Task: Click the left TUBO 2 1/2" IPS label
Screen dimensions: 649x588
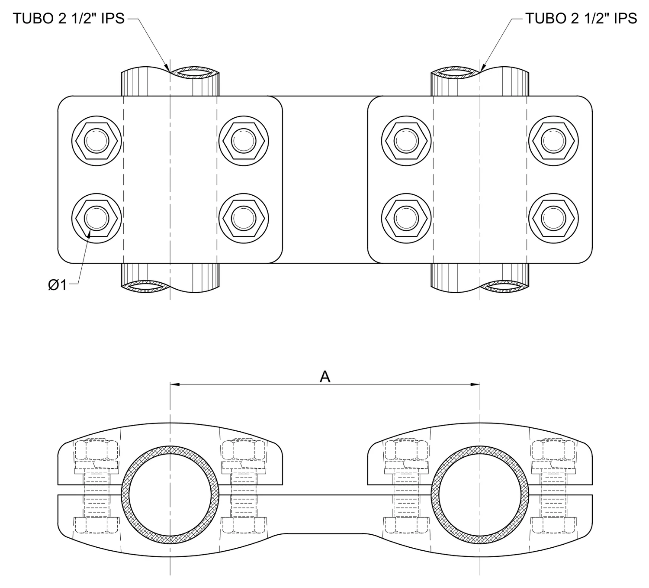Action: coord(69,19)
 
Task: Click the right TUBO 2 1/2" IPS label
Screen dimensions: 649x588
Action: coord(581,19)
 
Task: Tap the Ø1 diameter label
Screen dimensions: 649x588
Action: coord(57,285)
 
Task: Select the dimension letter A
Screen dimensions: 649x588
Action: coord(325,377)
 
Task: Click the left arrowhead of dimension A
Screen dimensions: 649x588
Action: coord(175,384)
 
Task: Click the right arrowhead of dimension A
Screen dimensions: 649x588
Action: coord(475,384)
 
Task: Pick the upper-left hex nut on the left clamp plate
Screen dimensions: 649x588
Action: coord(96,141)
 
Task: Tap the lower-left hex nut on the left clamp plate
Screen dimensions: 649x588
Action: coord(96,219)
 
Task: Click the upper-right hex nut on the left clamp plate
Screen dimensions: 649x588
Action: coord(244,141)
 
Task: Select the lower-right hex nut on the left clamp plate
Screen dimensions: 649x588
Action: coord(244,219)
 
